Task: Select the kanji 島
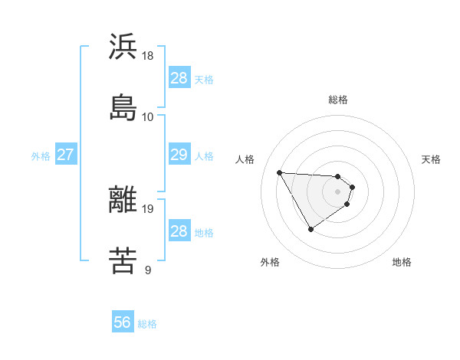(x=123, y=107)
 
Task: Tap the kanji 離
(x=123, y=200)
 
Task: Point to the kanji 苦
(x=123, y=260)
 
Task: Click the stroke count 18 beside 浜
(x=148, y=56)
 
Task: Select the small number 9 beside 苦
(x=147, y=270)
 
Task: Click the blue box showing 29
(x=179, y=155)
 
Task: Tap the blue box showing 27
(x=65, y=155)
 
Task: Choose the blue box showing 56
(x=123, y=323)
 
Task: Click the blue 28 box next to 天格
(x=179, y=78)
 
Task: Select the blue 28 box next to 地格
(x=179, y=231)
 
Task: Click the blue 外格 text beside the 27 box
(x=41, y=156)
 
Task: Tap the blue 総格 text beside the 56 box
(x=147, y=325)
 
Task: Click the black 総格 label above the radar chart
(x=338, y=100)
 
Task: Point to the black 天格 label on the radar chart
(x=431, y=159)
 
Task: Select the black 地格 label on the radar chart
(x=402, y=262)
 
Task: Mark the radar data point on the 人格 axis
(x=280, y=172)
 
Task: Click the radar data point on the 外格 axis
(x=310, y=229)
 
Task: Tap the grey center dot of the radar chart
(x=338, y=191)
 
